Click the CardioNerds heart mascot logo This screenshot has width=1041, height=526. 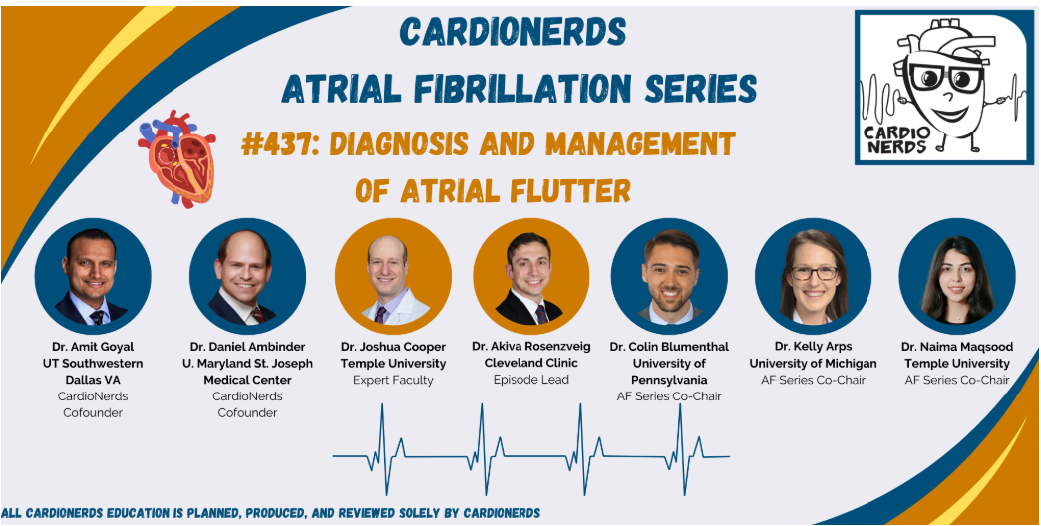tap(940, 87)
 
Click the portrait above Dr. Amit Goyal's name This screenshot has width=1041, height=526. tap(93, 276)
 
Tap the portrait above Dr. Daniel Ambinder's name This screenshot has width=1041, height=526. tap(244, 276)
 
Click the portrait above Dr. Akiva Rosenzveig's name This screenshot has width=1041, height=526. tap(531, 276)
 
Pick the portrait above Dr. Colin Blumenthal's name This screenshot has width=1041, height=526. tap(669, 276)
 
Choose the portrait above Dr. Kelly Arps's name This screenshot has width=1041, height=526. tap(813, 276)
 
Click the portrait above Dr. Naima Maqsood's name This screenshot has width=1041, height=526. tap(956, 276)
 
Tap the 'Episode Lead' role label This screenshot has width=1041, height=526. tap(530, 380)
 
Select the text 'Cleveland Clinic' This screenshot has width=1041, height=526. tap(530, 363)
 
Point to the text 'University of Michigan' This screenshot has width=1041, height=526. tap(813, 363)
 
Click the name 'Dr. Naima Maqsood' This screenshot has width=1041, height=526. tap(956, 347)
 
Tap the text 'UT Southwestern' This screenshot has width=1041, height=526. tap(92, 363)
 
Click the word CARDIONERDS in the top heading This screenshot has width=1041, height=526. tap(513, 32)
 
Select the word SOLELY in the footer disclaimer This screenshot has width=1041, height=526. tap(403, 512)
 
